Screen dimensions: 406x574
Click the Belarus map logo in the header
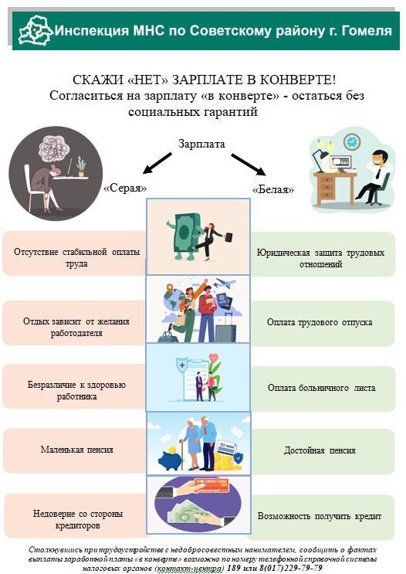click(35, 30)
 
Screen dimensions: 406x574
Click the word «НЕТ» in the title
click(148, 80)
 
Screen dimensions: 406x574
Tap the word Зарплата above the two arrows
click(201, 144)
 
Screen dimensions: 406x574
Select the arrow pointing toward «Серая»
click(157, 163)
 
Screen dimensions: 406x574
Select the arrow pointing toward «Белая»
click(249, 165)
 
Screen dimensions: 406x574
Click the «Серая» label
click(126, 189)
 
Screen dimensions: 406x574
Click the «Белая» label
click(273, 189)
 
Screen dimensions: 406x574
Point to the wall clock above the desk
click(352, 141)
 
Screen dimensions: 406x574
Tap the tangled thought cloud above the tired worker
click(54, 148)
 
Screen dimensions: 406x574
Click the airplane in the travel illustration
click(225, 284)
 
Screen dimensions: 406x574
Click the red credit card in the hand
click(211, 485)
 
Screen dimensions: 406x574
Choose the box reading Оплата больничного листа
click(323, 389)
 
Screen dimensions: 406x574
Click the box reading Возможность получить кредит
click(321, 517)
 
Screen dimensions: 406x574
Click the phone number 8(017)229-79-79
click(291, 568)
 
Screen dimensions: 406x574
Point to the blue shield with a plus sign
click(182, 365)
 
